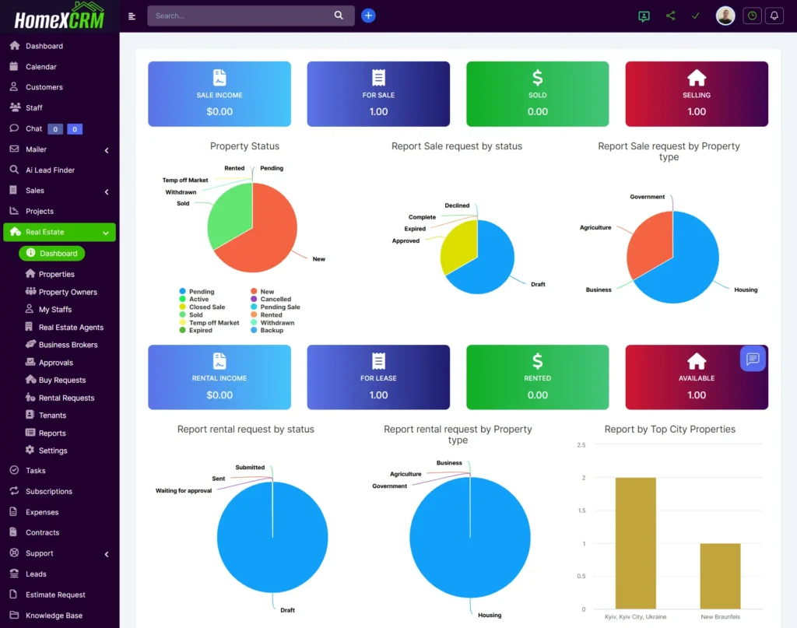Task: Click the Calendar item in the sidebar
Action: coord(40,67)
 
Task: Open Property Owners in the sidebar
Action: coord(68,292)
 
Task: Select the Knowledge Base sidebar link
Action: coord(54,616)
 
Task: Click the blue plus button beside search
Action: coord(368,16)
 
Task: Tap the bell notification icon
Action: coord(774,16)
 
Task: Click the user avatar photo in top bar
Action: coord(725,16)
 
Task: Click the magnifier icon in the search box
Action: coord(339,16)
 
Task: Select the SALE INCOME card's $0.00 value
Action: coord(219,111)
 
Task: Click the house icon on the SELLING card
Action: coord(697,78)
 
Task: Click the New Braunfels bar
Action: coord(720,575)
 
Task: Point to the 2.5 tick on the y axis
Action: coord(581,445)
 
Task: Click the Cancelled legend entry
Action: coord(276,299)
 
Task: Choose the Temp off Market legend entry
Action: coord(214,322)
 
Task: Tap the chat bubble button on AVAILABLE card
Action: coord(753,359)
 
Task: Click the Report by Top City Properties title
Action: coord(669,429)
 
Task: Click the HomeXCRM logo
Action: coord(59,16)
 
